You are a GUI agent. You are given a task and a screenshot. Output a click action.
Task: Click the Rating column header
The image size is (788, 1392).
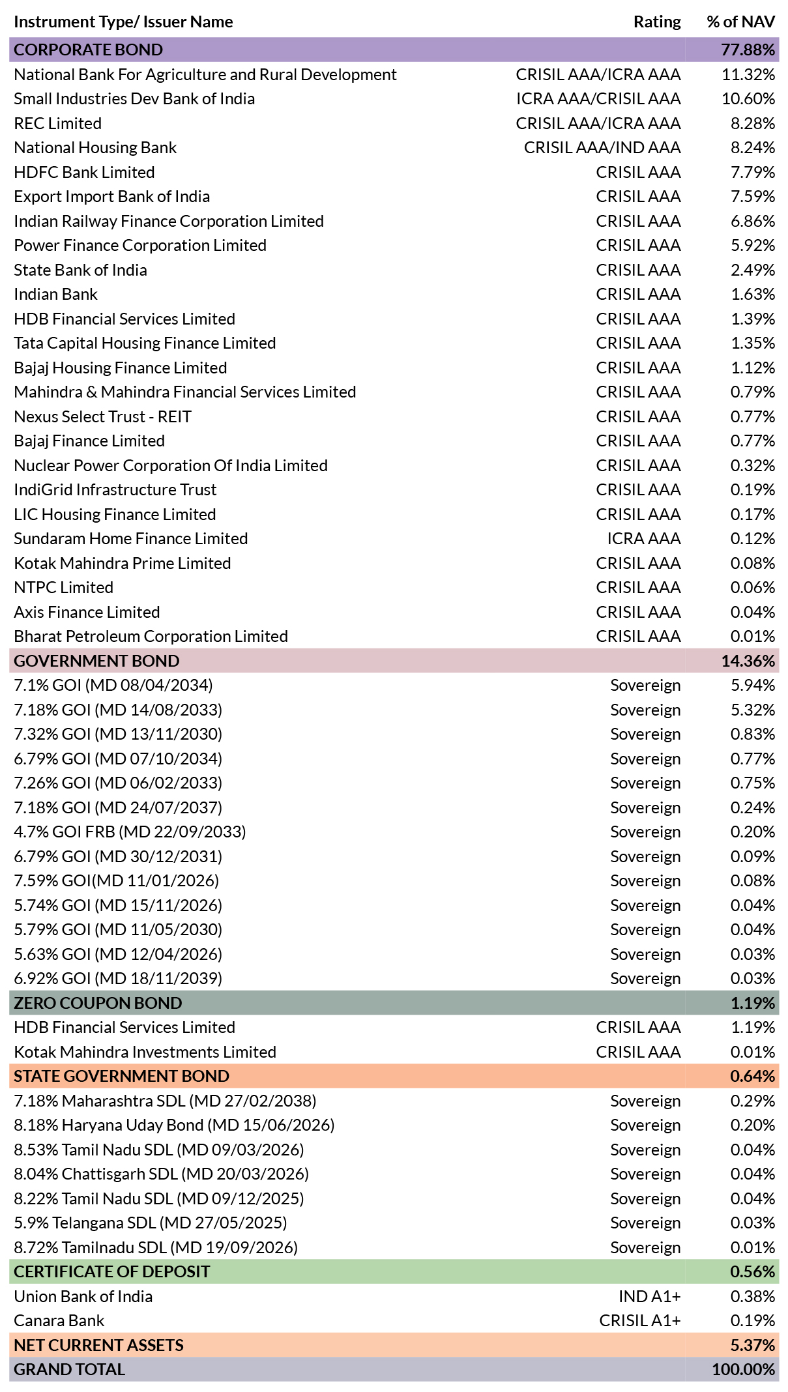[657, 22]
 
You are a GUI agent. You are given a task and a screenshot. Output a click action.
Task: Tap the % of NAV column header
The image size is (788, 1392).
[741, 22]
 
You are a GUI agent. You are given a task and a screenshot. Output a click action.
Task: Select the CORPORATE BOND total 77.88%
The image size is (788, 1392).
[748, 50]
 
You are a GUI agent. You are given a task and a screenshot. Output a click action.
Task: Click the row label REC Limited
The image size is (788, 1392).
[58, 123]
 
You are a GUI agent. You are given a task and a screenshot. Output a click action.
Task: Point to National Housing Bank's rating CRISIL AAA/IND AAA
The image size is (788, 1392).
[602, 148]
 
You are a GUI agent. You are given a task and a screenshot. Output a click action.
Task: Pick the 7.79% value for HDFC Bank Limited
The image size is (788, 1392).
[753, 172]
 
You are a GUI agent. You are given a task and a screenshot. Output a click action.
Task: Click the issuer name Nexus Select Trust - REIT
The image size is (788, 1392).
[103, 416]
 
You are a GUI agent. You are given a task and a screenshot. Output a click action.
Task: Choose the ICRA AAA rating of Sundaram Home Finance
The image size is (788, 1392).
[644, 539]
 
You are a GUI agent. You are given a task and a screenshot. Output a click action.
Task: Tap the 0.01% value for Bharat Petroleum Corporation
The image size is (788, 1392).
[753, 637]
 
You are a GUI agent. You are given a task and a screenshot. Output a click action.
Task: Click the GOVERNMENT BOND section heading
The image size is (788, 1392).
[96, 661]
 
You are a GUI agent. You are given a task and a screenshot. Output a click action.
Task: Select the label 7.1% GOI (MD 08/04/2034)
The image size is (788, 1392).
[113, 686]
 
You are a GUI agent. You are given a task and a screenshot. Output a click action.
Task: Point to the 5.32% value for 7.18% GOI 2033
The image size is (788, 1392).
[753, 710]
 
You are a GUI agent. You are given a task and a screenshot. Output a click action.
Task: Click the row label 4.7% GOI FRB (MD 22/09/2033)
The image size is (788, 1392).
[130, 832]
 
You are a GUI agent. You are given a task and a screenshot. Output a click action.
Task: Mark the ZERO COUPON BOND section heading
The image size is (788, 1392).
[98, 1003]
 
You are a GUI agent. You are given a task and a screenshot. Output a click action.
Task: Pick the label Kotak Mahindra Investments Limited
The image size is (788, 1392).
[145, 1052]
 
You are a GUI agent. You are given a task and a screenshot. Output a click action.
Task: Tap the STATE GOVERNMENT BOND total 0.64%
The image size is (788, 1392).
[753, 1076]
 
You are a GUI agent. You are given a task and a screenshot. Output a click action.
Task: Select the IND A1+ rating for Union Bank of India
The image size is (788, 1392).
[650, 1296]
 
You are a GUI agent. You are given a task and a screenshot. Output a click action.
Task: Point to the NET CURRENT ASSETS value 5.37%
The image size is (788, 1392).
[753, 1345]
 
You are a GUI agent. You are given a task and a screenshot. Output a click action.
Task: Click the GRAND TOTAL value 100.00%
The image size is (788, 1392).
[744, 1369]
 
